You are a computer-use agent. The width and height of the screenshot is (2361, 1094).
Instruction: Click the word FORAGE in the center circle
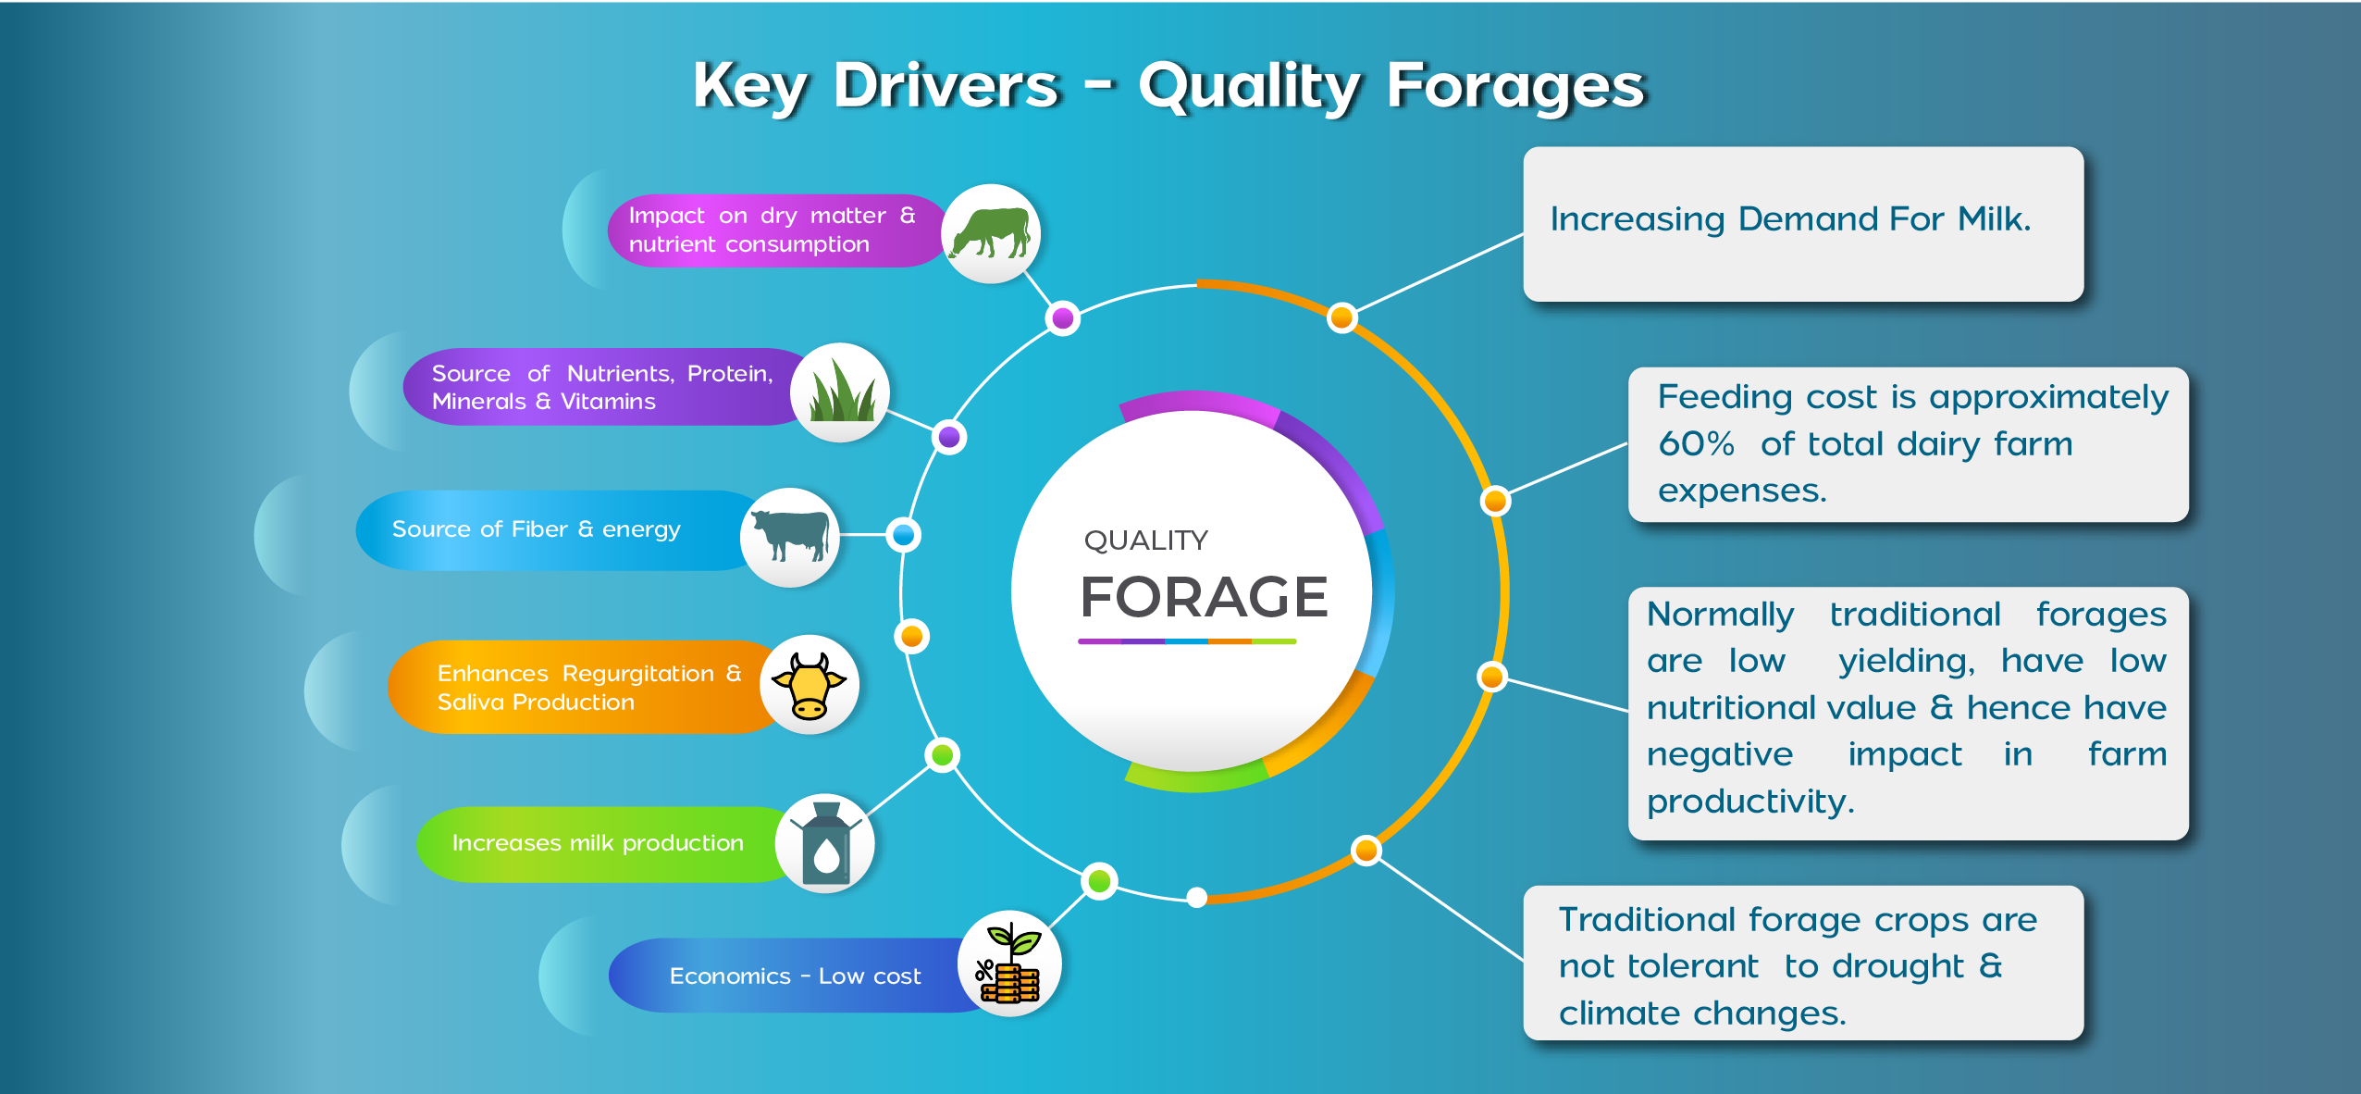(x=1204, y=596)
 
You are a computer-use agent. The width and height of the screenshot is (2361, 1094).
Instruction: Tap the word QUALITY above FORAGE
(x=1145, y=540)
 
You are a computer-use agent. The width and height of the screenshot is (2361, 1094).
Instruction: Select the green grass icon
(x=841, y=391)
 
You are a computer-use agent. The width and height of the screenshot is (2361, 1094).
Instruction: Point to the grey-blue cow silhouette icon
(x=790, y=536)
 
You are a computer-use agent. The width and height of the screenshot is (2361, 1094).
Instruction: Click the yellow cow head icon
(x=809, y=686)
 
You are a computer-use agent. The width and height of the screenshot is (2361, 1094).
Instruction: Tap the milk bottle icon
(x=825, y=841)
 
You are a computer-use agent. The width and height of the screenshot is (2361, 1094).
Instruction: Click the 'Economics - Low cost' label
(x=795, y=976)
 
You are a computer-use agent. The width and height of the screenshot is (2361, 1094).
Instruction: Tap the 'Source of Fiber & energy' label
(x=536, y=528)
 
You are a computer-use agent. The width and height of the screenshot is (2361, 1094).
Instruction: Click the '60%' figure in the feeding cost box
(x=1696, y=443)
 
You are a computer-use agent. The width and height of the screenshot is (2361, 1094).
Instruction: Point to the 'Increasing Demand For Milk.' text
(x=1790, y=219)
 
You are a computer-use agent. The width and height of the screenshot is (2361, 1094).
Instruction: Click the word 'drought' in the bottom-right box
(x=1897, y=966)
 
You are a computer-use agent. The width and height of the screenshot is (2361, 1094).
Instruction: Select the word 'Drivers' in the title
(x=946, y=85)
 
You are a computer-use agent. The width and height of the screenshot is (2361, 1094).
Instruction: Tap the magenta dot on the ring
(x=1063, y=318)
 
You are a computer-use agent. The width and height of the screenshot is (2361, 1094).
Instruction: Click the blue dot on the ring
(x=903, y=534)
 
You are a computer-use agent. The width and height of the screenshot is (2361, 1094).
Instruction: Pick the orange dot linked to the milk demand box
(x=1341, y=317)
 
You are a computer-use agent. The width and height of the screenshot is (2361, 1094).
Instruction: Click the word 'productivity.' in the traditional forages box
(x=1750, y=802)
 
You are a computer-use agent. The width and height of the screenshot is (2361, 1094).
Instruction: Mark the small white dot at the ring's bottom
(x=1196, y=897)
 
